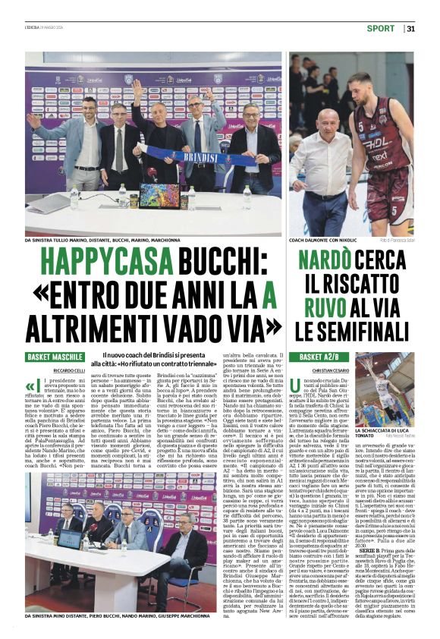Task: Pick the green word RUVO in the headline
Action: (322, 309)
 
